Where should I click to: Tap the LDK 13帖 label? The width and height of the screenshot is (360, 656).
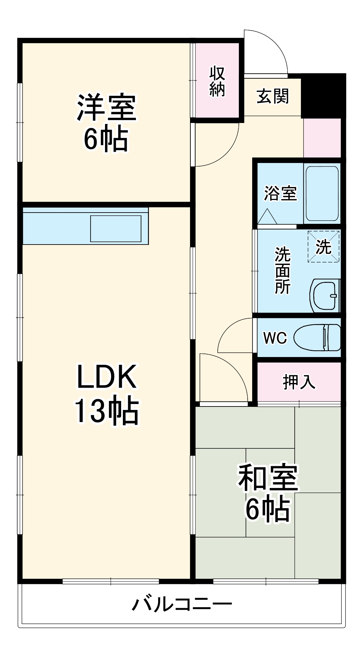[x=106, y=394]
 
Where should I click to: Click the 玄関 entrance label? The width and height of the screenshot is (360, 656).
[x=273, y=96]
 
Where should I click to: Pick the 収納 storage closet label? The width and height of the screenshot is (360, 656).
[x=217, y=81]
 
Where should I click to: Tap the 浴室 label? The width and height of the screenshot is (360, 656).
[x=280, y=193]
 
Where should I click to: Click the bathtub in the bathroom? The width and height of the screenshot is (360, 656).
[x=322, y=193]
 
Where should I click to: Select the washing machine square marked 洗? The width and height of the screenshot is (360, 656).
[x=323, y=247]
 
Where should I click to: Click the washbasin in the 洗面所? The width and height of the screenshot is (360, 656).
[x=325, y=295]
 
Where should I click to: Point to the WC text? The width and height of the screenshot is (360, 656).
[x=275, y=338]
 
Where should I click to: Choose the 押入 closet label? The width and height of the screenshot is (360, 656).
[x=299, y=382]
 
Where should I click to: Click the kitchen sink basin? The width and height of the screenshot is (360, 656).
[x=116, y=228]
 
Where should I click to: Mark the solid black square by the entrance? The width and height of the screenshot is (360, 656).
[x=323, y=96]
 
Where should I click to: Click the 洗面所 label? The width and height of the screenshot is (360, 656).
[x=282, y=271]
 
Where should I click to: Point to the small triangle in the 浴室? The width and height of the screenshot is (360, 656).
[x=267, y=217]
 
